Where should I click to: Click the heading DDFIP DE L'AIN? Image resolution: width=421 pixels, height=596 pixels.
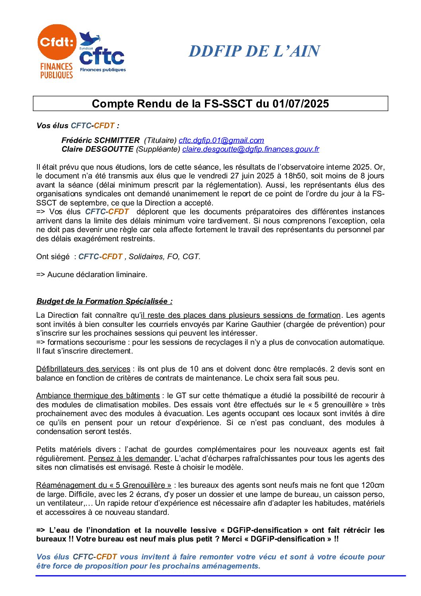[254, 51]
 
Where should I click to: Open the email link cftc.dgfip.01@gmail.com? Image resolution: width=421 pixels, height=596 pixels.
[221, 141]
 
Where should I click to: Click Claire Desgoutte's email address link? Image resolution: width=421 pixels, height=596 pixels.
[251, 149]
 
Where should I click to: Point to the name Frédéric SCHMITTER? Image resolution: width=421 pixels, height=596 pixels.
[100, 141]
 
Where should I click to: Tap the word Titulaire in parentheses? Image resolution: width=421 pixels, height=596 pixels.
[160, 141]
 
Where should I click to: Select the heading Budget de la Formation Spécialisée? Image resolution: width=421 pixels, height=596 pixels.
[104, 301]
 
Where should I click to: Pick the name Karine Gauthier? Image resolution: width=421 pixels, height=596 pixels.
[253, 324]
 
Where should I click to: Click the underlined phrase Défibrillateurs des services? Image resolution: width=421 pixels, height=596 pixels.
[83, 369]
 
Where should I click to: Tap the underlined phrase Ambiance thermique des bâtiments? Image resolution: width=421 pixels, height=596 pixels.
[98, 396]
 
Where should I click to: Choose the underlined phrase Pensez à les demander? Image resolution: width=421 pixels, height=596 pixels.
[129, 459]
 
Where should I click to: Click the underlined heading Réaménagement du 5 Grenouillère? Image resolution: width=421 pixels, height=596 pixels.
[103, 485]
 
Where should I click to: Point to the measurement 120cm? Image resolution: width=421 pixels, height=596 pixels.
[373, 485]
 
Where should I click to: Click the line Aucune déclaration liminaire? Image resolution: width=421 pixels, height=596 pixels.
[92, 275]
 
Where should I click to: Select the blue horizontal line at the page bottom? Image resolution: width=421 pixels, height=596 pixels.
[220, 576]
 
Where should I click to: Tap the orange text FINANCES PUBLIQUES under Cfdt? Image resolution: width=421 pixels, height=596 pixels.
[57, 71]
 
